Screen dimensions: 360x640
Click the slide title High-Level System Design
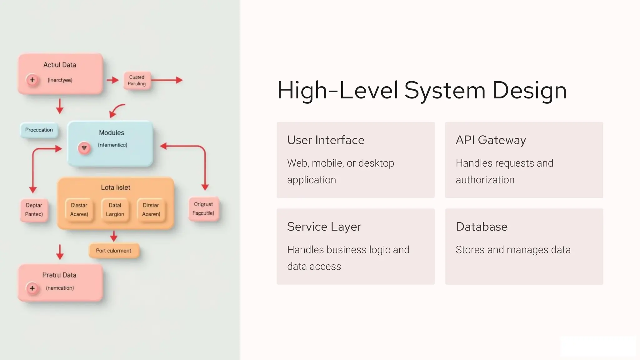[422, 91]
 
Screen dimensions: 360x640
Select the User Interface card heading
[326, 140]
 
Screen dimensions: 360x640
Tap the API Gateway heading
[491, 140]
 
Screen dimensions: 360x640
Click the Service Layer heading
[324, 227]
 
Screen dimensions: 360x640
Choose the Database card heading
[481, 227]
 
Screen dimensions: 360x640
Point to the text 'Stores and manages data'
[513, 250]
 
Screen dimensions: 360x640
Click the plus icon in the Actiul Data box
[32, 80]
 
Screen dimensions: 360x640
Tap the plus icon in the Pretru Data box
[32, 288]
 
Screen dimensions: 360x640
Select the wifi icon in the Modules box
[84, 148]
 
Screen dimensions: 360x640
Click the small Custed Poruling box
[137, 80]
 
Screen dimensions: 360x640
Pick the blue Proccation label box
[39, 130]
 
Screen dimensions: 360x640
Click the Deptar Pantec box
[34, 210]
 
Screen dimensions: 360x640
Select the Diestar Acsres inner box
[79, 210]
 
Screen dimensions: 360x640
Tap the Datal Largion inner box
[115, 210]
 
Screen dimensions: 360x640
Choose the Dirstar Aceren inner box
[151, 210]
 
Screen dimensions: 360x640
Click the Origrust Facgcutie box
[203, 209]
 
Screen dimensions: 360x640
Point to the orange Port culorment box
[114, 251]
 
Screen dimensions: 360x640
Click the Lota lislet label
[115, 187]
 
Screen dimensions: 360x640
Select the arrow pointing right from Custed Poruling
[167, 80]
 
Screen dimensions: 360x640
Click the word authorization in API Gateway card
[485, 180]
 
